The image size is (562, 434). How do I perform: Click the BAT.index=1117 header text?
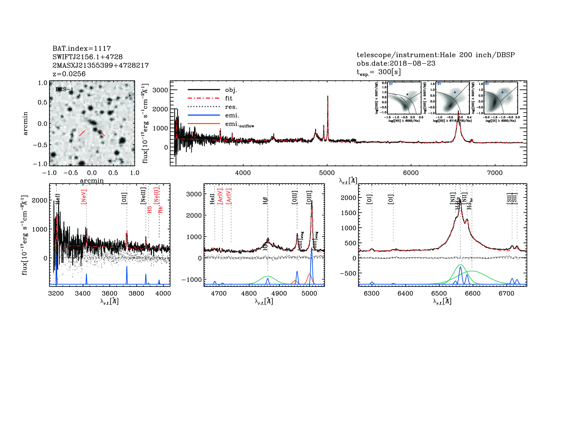82,48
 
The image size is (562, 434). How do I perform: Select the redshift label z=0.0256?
69,74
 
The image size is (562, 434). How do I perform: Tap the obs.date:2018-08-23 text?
396,63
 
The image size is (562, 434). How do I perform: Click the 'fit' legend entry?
229,98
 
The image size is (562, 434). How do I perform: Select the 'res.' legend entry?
231,107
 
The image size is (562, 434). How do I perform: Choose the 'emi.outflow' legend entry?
239,124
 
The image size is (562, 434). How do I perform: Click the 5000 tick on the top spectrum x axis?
327,173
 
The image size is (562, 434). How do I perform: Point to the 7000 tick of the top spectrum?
495,173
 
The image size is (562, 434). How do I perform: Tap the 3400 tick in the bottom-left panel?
83,294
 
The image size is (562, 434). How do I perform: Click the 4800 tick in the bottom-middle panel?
249,294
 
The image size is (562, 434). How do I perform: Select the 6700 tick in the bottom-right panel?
506,294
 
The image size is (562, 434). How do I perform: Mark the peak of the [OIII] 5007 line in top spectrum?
327,96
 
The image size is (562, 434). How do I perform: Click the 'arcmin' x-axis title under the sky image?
92,180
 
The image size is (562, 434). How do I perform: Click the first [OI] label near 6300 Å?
369,199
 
